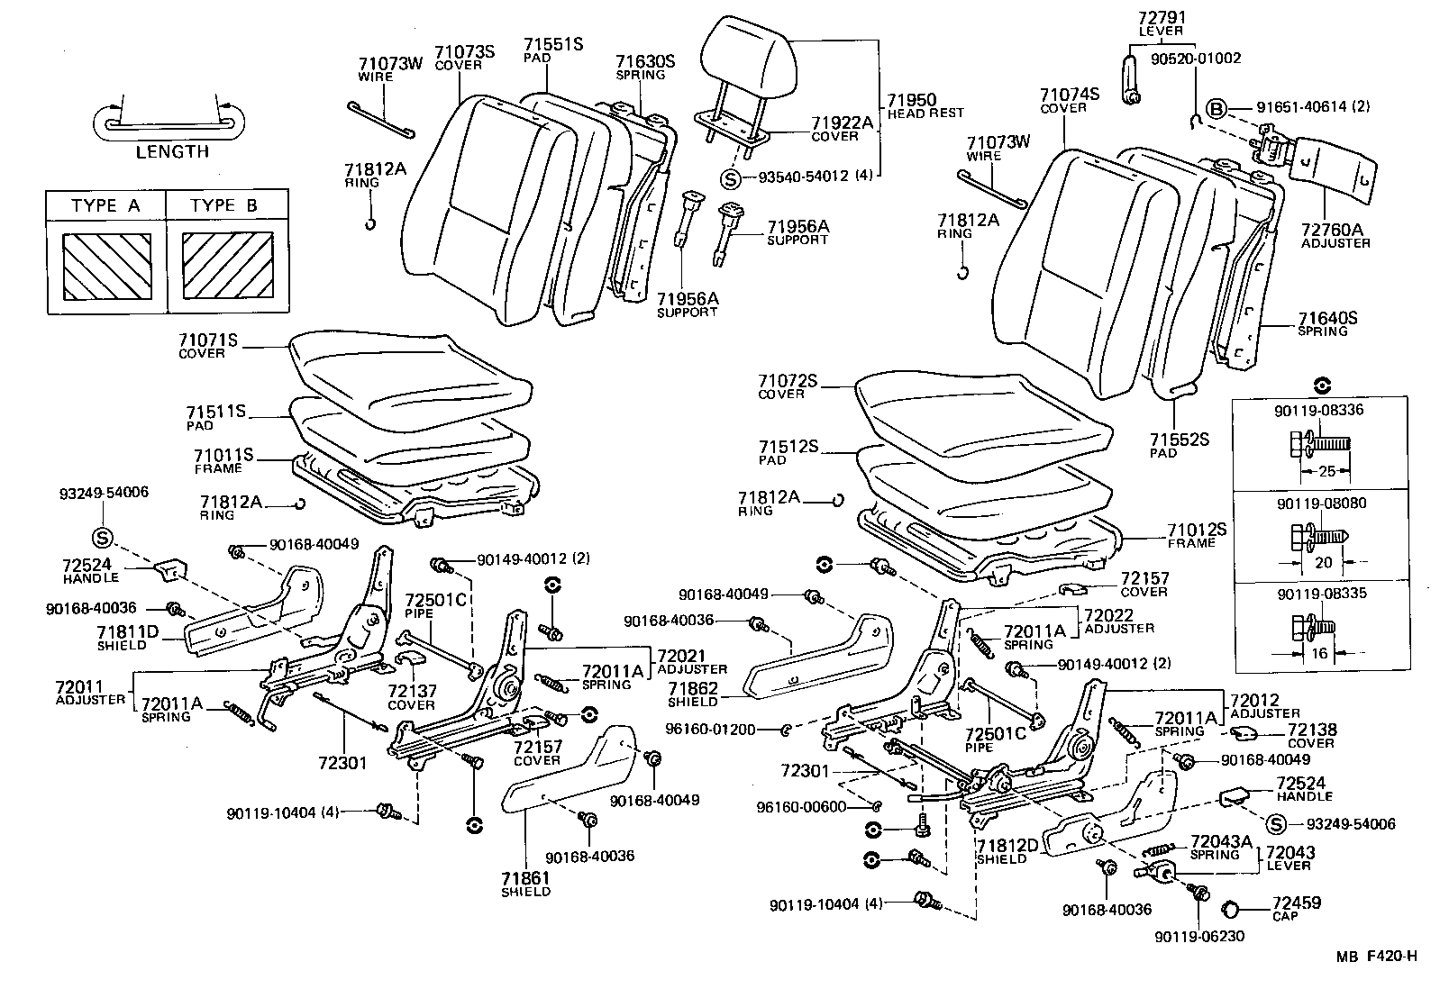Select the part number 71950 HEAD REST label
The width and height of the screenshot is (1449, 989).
[x=924, y=105]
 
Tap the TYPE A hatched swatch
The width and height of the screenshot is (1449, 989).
[x=106, y=267]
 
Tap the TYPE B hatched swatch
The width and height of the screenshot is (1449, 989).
[x=228, y=267]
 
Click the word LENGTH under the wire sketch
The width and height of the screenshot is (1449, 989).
[x=172, y=151]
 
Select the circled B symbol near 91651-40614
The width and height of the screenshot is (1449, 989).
[x=1217, y=109]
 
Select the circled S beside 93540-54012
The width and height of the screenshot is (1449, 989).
[x=731, y=177]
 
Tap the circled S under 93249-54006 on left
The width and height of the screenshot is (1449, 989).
[x=102, y=538]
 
